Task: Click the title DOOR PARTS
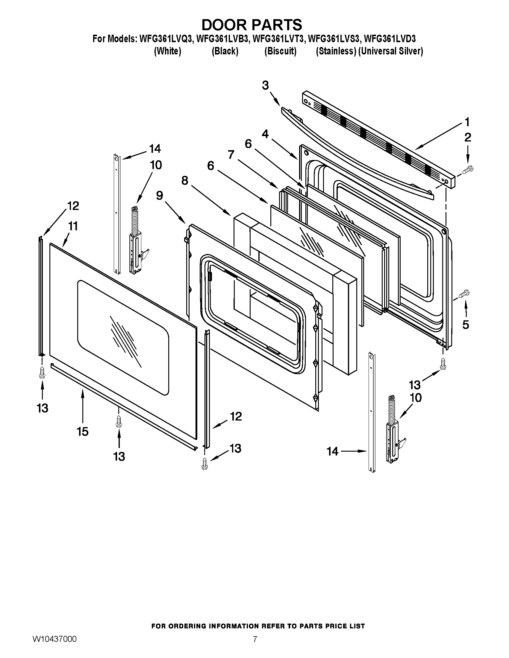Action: pos(252,25)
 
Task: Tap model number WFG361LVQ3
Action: pos(165,39)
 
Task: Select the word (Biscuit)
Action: pos(281,51)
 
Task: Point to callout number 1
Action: pos(466,122)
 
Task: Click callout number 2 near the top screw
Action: pos(467,137)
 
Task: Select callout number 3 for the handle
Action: pos(265,86)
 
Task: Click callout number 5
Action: pos(466,325)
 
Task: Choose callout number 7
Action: pos(231,155)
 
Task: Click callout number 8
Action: pos(185,180)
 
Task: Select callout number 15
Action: pos(82,431)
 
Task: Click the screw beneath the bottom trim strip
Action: pos(119,421)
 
